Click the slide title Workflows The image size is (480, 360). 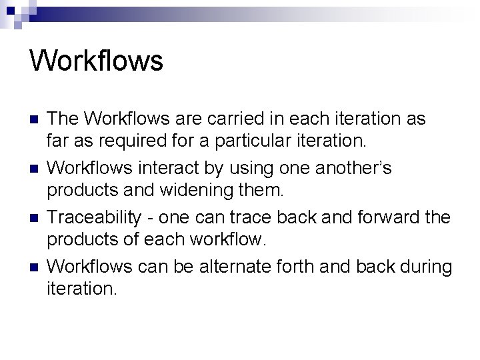click(96, 61)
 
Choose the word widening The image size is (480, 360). click(190, 190)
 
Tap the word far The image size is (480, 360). click(58, 141)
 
